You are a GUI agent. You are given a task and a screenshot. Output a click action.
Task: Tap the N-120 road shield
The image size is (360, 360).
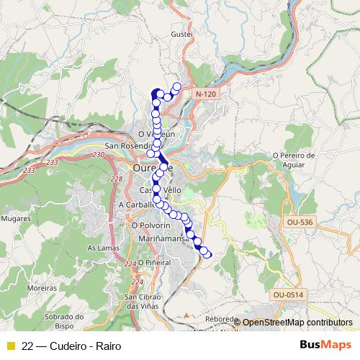pos(204,94)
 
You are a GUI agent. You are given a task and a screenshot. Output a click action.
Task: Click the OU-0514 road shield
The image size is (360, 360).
pos(288,294)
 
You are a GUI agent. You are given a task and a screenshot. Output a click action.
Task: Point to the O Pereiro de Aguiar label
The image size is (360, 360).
pos(294,160)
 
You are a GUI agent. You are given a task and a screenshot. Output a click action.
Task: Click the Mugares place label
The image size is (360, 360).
pos(15,217)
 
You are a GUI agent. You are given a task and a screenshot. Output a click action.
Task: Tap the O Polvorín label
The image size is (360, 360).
pos(150,225)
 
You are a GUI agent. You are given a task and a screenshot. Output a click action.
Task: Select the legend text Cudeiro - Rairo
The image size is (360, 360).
pos(81,346)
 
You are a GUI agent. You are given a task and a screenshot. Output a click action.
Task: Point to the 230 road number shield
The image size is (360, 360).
pos(98,153)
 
